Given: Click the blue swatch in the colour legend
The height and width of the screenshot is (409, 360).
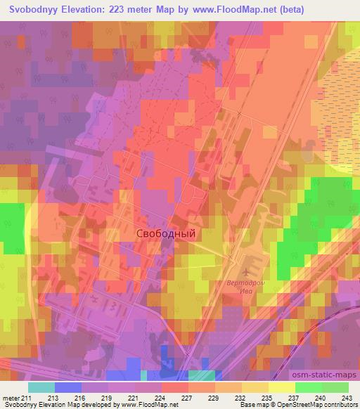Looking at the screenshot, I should (x=68, y=387).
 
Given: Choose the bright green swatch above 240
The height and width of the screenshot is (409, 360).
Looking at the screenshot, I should (x=308, y=387).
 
